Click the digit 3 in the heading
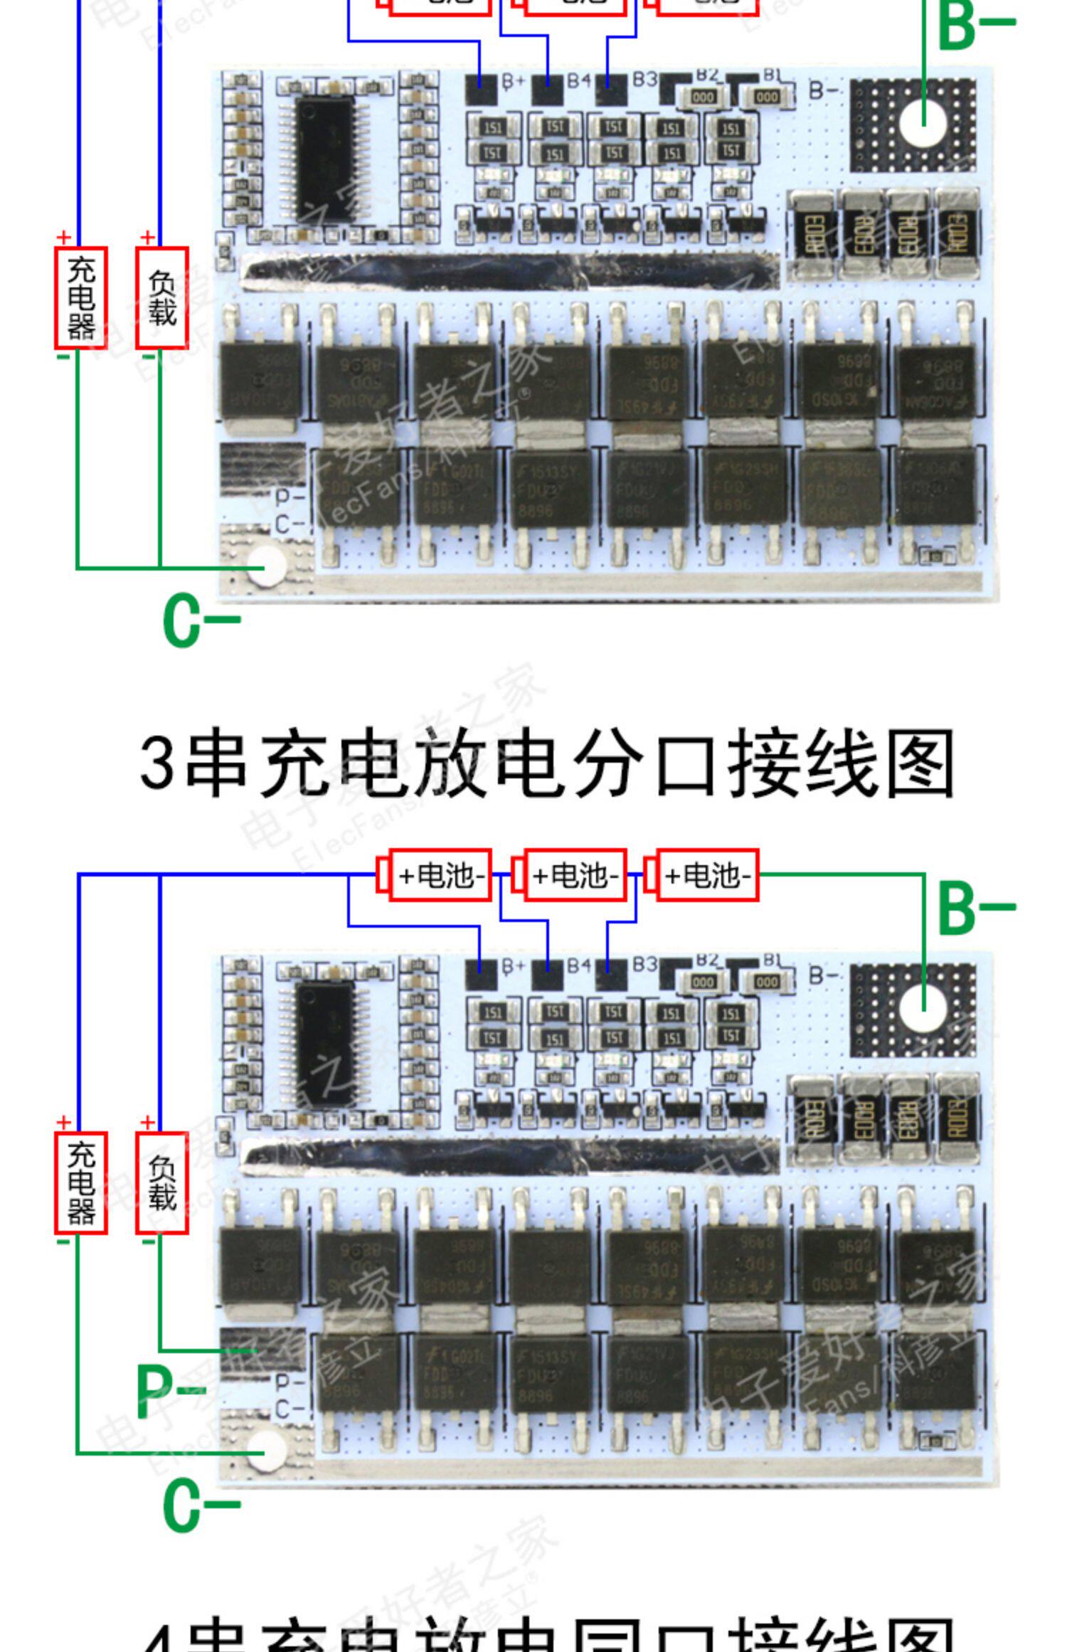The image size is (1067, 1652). [156, 763]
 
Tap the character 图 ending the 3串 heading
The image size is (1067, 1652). [920, 763]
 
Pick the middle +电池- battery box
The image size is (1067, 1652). [574, 875]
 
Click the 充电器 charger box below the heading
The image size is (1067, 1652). [81, 1182]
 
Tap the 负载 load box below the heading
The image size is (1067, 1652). [162, 1182]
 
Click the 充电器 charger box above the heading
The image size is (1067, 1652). [81, 298]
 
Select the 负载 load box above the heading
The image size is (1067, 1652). [162, 298]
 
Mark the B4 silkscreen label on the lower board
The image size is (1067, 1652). [579, 965]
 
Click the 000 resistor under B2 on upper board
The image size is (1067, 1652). [703, 97]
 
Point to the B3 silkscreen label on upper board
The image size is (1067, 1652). [644, 79]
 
